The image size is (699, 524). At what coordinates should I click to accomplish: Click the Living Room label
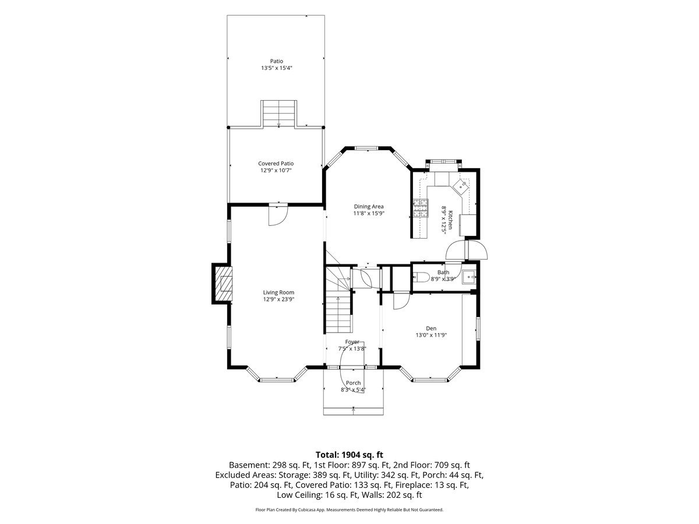278,292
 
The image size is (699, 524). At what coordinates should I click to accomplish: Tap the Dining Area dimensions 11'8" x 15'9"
369,214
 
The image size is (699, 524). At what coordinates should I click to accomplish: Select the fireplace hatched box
224,284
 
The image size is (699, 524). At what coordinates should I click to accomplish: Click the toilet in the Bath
421,278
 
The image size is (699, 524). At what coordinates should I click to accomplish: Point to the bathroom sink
469,278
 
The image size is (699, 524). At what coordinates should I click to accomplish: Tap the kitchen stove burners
421,208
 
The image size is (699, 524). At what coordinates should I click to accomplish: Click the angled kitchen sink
461,187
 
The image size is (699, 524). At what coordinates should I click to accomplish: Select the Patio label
277,61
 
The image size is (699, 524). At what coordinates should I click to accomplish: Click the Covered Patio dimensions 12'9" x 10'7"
276,171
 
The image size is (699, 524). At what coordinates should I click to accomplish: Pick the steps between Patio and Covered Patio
279,114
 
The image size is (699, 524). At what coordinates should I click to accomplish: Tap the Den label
431,328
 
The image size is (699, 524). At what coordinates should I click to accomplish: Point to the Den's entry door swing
401,300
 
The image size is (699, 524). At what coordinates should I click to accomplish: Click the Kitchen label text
450,220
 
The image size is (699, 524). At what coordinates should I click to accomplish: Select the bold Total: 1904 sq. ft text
349,455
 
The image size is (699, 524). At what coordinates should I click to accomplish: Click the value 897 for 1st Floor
358,465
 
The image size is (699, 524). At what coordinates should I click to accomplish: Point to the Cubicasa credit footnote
349,509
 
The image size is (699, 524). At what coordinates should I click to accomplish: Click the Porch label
353,383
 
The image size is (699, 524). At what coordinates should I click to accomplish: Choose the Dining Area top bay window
367,148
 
